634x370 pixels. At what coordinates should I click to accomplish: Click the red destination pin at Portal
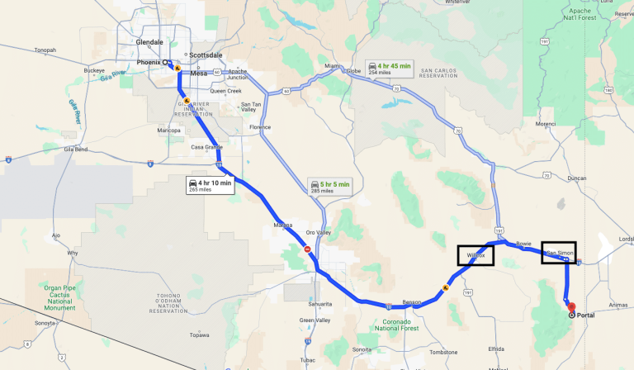[x=571, y=308]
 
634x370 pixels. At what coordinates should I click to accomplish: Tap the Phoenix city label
[x=149, y=62]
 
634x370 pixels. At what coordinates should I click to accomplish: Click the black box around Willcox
[x=475, y=255]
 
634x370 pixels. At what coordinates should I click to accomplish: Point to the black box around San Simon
[x=559, y=252]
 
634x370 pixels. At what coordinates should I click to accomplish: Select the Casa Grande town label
[x=207, y=147]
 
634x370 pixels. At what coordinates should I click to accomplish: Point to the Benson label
[x=411, y=303]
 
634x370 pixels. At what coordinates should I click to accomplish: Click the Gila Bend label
[x=75, y=149]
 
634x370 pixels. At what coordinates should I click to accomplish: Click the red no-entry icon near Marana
[x=307, y=249]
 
